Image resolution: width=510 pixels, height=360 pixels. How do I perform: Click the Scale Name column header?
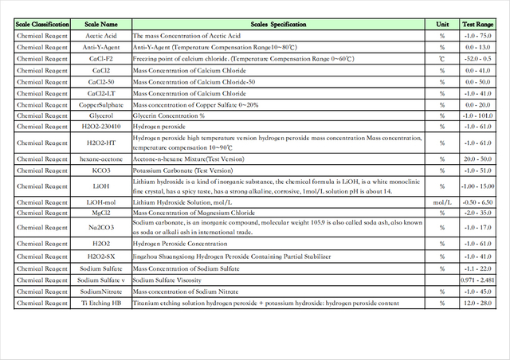click(101, 25)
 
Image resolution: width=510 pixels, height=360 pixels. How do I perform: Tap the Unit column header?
click(441, 25)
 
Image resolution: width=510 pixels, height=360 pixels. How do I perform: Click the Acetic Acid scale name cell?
click(101, 36)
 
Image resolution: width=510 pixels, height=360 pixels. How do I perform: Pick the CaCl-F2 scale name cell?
click(101, 59)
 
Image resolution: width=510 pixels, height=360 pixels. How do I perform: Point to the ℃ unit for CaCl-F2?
click(441, 59)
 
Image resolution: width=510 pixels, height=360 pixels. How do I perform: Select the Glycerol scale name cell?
click(101, 116)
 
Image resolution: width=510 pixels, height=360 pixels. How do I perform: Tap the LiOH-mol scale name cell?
click(101, 203)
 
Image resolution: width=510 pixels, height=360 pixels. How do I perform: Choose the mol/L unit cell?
click(441, 203)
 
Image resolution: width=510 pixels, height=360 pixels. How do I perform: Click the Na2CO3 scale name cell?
click(101, 229)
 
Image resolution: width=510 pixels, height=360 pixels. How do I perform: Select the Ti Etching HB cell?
click(101, 303)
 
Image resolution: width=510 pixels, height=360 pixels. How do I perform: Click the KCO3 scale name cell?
click(101, 170)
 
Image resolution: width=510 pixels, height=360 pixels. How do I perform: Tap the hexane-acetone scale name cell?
click(101, 159)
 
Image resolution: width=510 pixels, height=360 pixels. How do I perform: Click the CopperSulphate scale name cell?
click(101, 105)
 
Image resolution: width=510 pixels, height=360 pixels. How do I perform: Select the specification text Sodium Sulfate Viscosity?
click(167, 280)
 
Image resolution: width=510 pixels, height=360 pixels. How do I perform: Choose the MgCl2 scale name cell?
click(101, 213)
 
